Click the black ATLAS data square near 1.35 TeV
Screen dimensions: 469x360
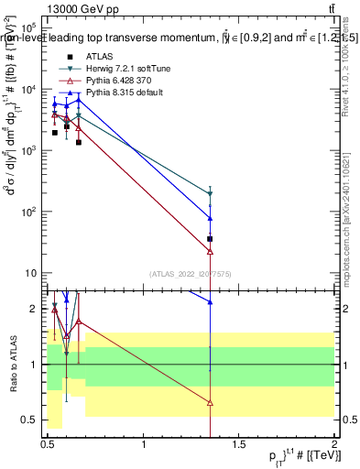(211, 239)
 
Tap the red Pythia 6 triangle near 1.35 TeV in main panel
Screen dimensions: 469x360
(211, 250)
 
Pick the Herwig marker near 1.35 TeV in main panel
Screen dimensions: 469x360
(211, 193)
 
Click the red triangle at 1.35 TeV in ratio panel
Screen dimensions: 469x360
(211, 402)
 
